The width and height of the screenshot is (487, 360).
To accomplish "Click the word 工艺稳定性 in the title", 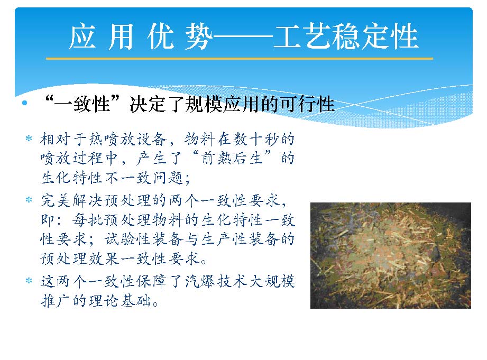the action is [346, 36].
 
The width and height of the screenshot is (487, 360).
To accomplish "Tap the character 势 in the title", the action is [199, 36].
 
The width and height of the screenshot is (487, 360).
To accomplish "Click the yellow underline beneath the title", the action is [240, 58].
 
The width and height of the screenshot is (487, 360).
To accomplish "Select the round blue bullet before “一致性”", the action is [24, 103].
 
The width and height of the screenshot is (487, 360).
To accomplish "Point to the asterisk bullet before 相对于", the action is [29, 138].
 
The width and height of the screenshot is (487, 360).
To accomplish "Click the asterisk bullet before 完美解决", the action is [29, 200].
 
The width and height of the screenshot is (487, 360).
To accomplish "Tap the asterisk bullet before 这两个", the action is [29, 281].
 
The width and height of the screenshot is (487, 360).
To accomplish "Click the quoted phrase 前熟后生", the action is [232, 159].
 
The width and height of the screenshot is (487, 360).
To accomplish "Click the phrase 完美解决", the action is [72, 200].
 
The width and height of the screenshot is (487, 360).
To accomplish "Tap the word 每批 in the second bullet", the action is [88, 220].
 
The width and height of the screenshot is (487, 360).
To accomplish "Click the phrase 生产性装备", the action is [240, 239].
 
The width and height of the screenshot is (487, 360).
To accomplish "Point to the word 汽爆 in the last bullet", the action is [200, 282].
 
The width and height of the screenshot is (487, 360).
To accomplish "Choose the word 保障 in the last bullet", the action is [152, 282].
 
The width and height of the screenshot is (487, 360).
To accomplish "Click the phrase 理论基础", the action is [120, 301].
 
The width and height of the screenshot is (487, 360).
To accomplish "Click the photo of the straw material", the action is [391, 256].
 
